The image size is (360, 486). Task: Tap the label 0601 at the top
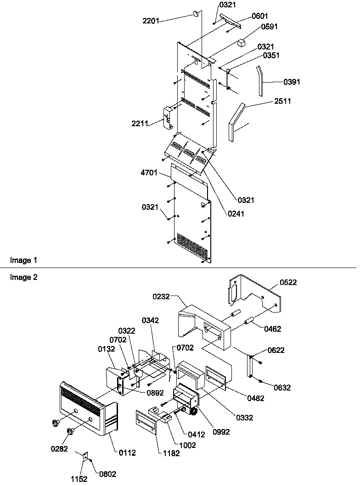261,16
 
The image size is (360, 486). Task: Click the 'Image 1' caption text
23,261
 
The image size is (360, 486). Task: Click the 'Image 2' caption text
23,277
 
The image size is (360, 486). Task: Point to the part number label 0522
288,283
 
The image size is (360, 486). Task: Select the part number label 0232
162,297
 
